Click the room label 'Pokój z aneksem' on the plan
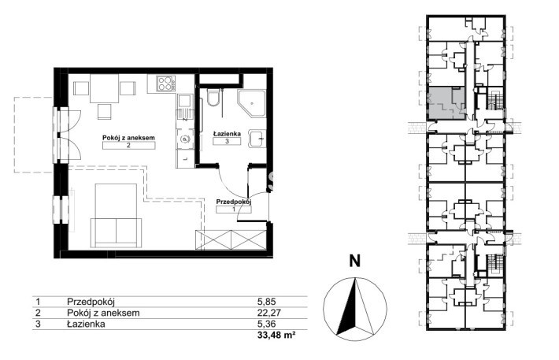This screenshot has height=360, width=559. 128,137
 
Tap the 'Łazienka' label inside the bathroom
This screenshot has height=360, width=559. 227,134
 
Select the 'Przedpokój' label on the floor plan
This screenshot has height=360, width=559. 234,202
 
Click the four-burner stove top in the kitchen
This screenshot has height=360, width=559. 166,84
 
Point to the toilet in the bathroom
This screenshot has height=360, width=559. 214,98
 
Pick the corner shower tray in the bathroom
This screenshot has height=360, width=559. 252,103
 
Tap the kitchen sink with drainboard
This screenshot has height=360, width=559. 185,106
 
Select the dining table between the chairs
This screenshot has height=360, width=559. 104,88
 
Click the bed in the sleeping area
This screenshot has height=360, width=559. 117,216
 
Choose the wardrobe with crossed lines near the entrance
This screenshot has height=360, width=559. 231,240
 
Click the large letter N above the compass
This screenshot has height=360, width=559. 354,261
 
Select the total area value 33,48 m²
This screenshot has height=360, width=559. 276,335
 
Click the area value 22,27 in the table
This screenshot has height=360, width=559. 269,313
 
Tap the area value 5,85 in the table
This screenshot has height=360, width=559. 267,302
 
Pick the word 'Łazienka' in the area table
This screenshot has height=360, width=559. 86,324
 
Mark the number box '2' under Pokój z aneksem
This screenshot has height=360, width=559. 128,145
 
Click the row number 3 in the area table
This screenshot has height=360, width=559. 38,324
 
